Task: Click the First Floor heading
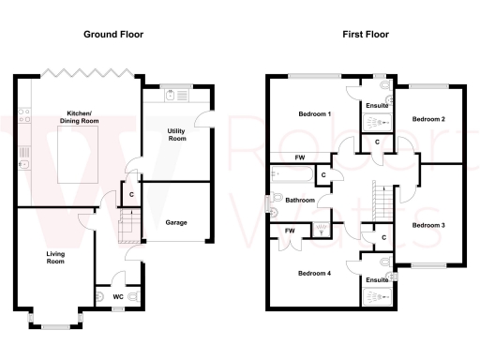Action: click(x=365, y=34)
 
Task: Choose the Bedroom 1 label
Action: click(x=314, y=113)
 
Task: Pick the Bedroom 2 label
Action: click(x=428, y=119)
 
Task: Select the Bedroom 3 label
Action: click(x=428, y=225)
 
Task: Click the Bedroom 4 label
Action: click(x=314, y=274)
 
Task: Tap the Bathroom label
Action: click(x=300, y=200)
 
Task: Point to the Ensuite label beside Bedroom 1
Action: click(x=377, y=105)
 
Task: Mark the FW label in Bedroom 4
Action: click(x=291, y=230)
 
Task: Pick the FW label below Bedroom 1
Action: click(x=300, y=157)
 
